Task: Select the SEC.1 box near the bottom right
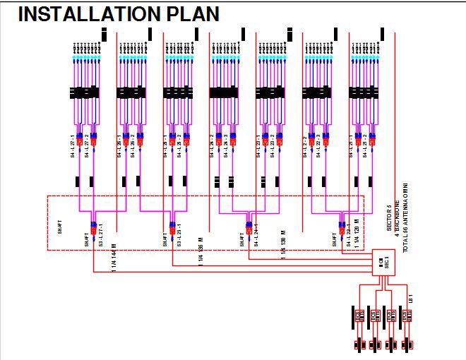pyautogui.click(x=382, y=263)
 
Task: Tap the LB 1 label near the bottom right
pyautogui.click(x=410, y=299)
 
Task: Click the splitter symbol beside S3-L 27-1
pyautogui.click(x=93, y=228)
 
